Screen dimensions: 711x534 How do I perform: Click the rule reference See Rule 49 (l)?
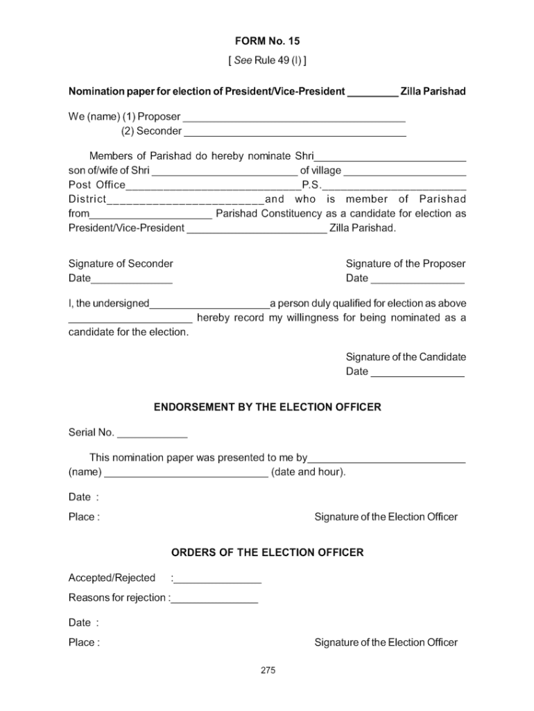pos(267,60)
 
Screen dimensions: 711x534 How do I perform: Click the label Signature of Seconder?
pos(121,264)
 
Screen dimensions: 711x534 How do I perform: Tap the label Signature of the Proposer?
pos(406,264)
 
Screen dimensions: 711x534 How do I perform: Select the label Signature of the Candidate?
pos(406,357)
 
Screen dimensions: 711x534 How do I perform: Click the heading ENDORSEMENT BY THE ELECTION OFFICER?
pos(267,408)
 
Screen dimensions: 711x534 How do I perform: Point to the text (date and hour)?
pos(309,472)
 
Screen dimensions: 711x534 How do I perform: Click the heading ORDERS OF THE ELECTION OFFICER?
pos(267,553)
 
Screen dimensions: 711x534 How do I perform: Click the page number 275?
pos(268,670)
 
